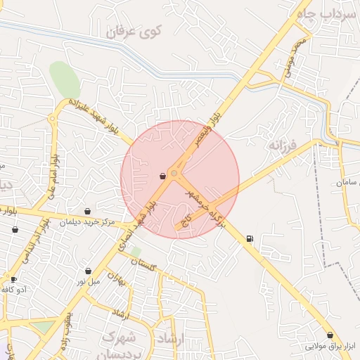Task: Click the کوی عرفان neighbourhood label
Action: (x=134, y=32)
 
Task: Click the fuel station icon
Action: (x=250, y=238)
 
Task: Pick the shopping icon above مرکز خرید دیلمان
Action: (x=87, y=211)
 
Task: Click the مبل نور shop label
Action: (x=89, y=281)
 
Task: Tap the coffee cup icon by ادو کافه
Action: (x=13, y=279)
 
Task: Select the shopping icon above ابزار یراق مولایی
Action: (x=330, y=335)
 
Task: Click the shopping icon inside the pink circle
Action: (x=163, y=176)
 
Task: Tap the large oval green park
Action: (x=65, y=80)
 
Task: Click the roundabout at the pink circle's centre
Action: (x=175, y=172)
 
